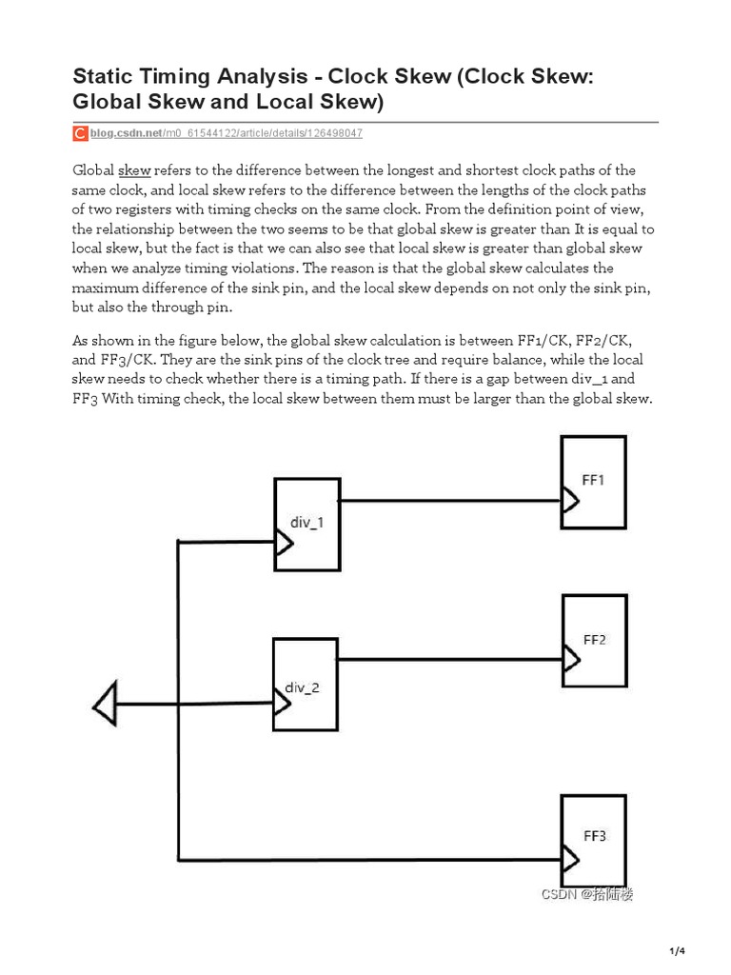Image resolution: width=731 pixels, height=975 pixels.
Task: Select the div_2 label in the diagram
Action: pyautogui.click(x=303, y=687)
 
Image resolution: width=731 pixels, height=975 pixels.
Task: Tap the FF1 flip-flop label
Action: pyautogui.click(x=592, y=481)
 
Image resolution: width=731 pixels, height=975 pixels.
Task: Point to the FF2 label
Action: pyautogui.click(x=594, y=640)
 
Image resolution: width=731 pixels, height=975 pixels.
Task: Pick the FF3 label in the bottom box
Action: pyautogui.click(x=594, y=836)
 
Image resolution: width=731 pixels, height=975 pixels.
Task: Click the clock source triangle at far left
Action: pyautogui.click(x=105, y=705)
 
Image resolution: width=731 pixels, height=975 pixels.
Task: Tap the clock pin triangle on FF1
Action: pyautogui.click(x=570, y=500)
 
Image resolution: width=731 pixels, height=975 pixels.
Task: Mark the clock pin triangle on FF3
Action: pyautogui.click(x=570, y=861)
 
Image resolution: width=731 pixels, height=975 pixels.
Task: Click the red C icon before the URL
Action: pyautogui.click(x=81, y=134)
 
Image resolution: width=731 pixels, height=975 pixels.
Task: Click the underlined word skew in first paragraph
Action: pyautogui.click(x=134, y=170)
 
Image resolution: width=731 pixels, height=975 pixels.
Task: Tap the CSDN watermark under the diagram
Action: pyautogui.click(x=587, y=894)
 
